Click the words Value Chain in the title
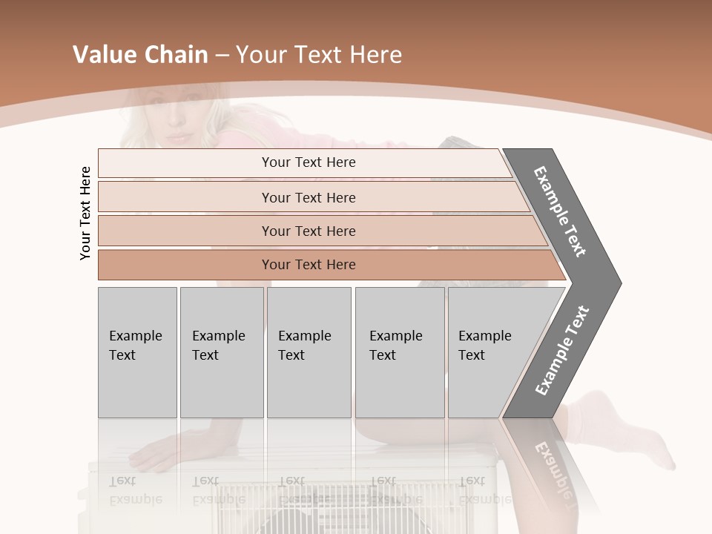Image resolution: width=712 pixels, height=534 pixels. [140, 55]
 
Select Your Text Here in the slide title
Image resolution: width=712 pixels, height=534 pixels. [319, 55]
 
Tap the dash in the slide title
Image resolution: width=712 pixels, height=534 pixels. [222, 56]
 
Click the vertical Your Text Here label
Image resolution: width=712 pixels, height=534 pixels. [86, 213]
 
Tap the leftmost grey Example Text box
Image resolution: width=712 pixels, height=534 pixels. [137, 352]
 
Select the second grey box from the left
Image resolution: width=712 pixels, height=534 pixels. [222, 352]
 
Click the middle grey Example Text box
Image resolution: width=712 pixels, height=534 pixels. [309, 352]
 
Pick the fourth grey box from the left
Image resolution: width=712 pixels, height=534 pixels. [400, 352]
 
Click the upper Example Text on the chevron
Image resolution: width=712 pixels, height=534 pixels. [561, 212]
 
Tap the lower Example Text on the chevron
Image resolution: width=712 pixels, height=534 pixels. [562, 350]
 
